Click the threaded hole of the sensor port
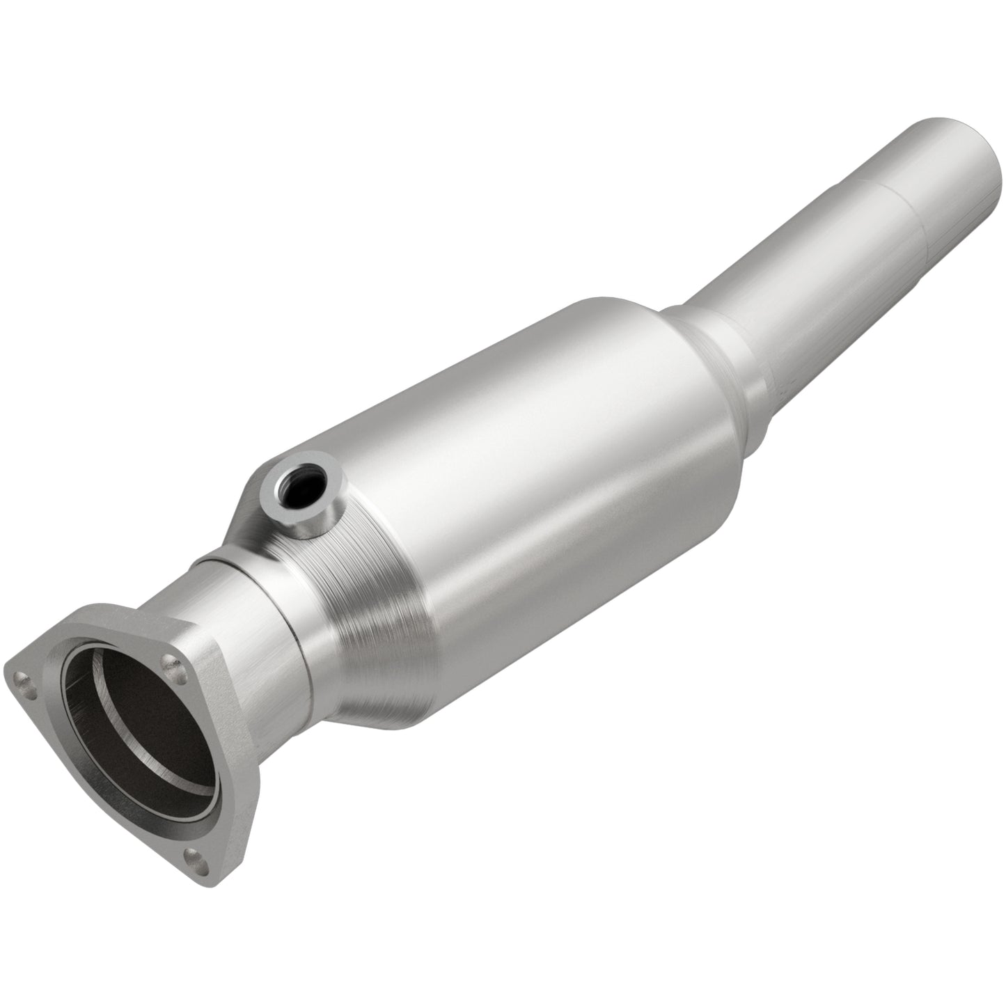pyautogui.click(x=295, y=490)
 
